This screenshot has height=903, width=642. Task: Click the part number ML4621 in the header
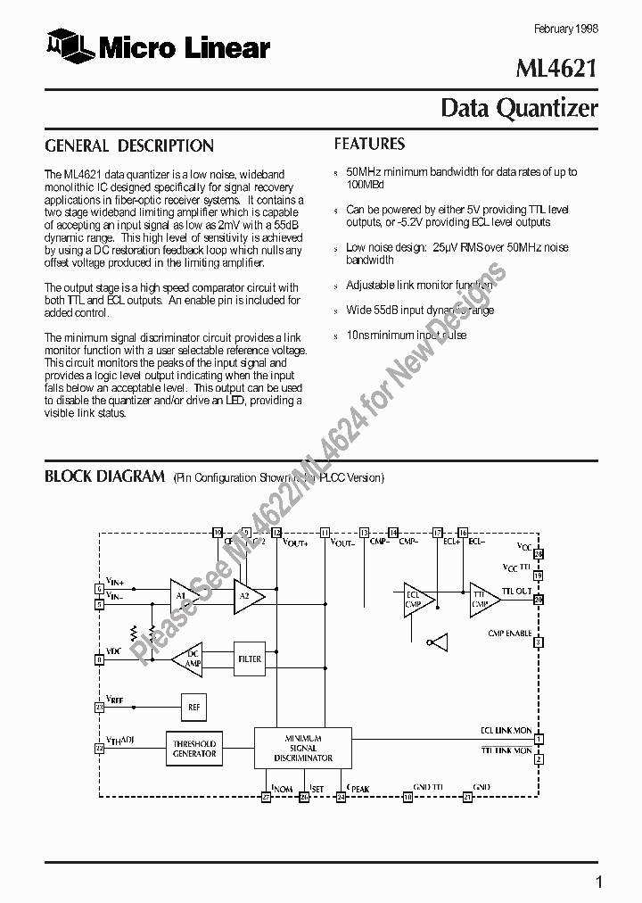[558, 70]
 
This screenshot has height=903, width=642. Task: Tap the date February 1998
[565, 28]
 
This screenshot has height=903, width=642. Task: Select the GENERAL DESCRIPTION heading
[129, 145]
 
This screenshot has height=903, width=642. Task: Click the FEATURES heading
[369, 144]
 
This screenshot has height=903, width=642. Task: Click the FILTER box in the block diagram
[250, 659]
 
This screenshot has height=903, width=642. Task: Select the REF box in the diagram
[193, 707]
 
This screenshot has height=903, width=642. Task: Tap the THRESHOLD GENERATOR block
[194, 749]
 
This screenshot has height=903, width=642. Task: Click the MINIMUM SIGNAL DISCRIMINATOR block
[302, 748]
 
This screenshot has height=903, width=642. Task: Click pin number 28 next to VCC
[539, 553]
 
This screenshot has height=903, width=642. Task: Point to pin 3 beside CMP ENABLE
[539, 642]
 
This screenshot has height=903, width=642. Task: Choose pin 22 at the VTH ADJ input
[99, 748]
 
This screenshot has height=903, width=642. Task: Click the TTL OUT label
[516, 591]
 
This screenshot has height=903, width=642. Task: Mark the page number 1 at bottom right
[599, 882]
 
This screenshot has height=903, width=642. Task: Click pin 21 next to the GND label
[467, 797]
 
